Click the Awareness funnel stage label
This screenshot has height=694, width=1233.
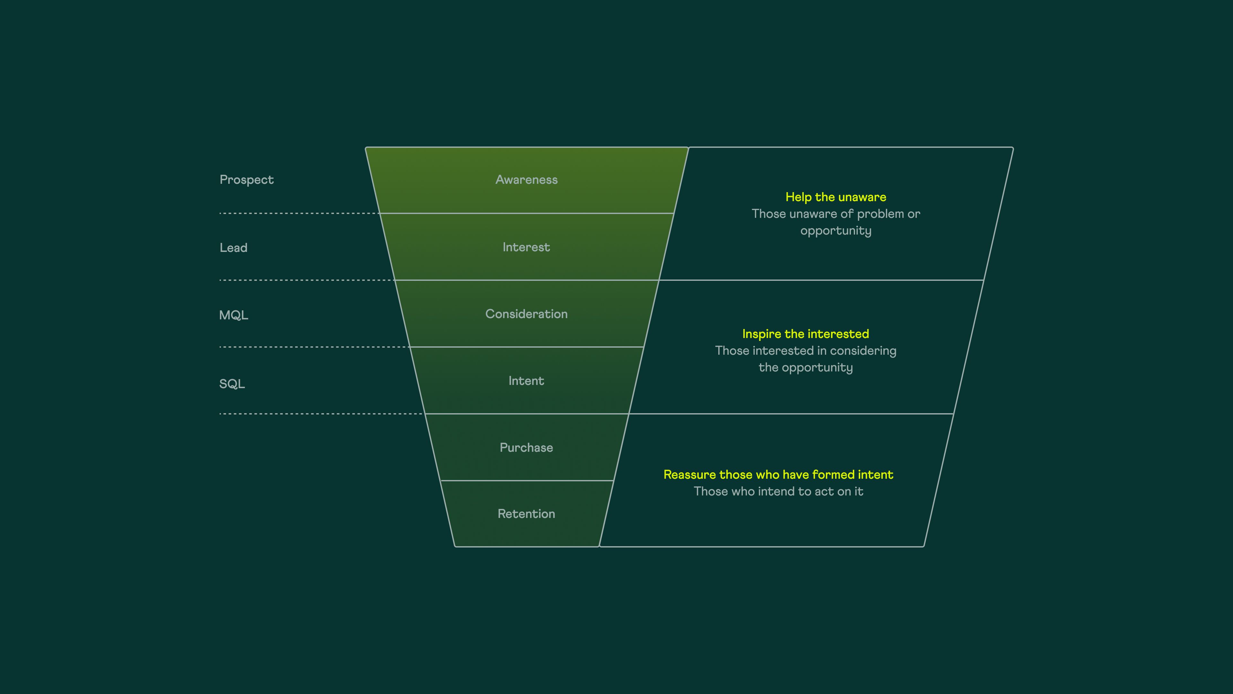(527, 180)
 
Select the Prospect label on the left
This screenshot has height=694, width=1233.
(247, 180)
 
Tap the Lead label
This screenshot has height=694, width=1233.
(233, 248)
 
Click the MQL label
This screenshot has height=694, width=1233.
(233, 315)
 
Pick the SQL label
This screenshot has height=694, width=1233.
(232, 384)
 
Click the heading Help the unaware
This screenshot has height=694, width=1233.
(836, 197)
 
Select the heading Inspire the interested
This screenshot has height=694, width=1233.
(806, 334)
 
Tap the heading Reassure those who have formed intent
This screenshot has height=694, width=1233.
(778, 475)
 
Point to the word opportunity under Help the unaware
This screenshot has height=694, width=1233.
(836, 231)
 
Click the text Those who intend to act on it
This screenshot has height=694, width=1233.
(779, 491)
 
